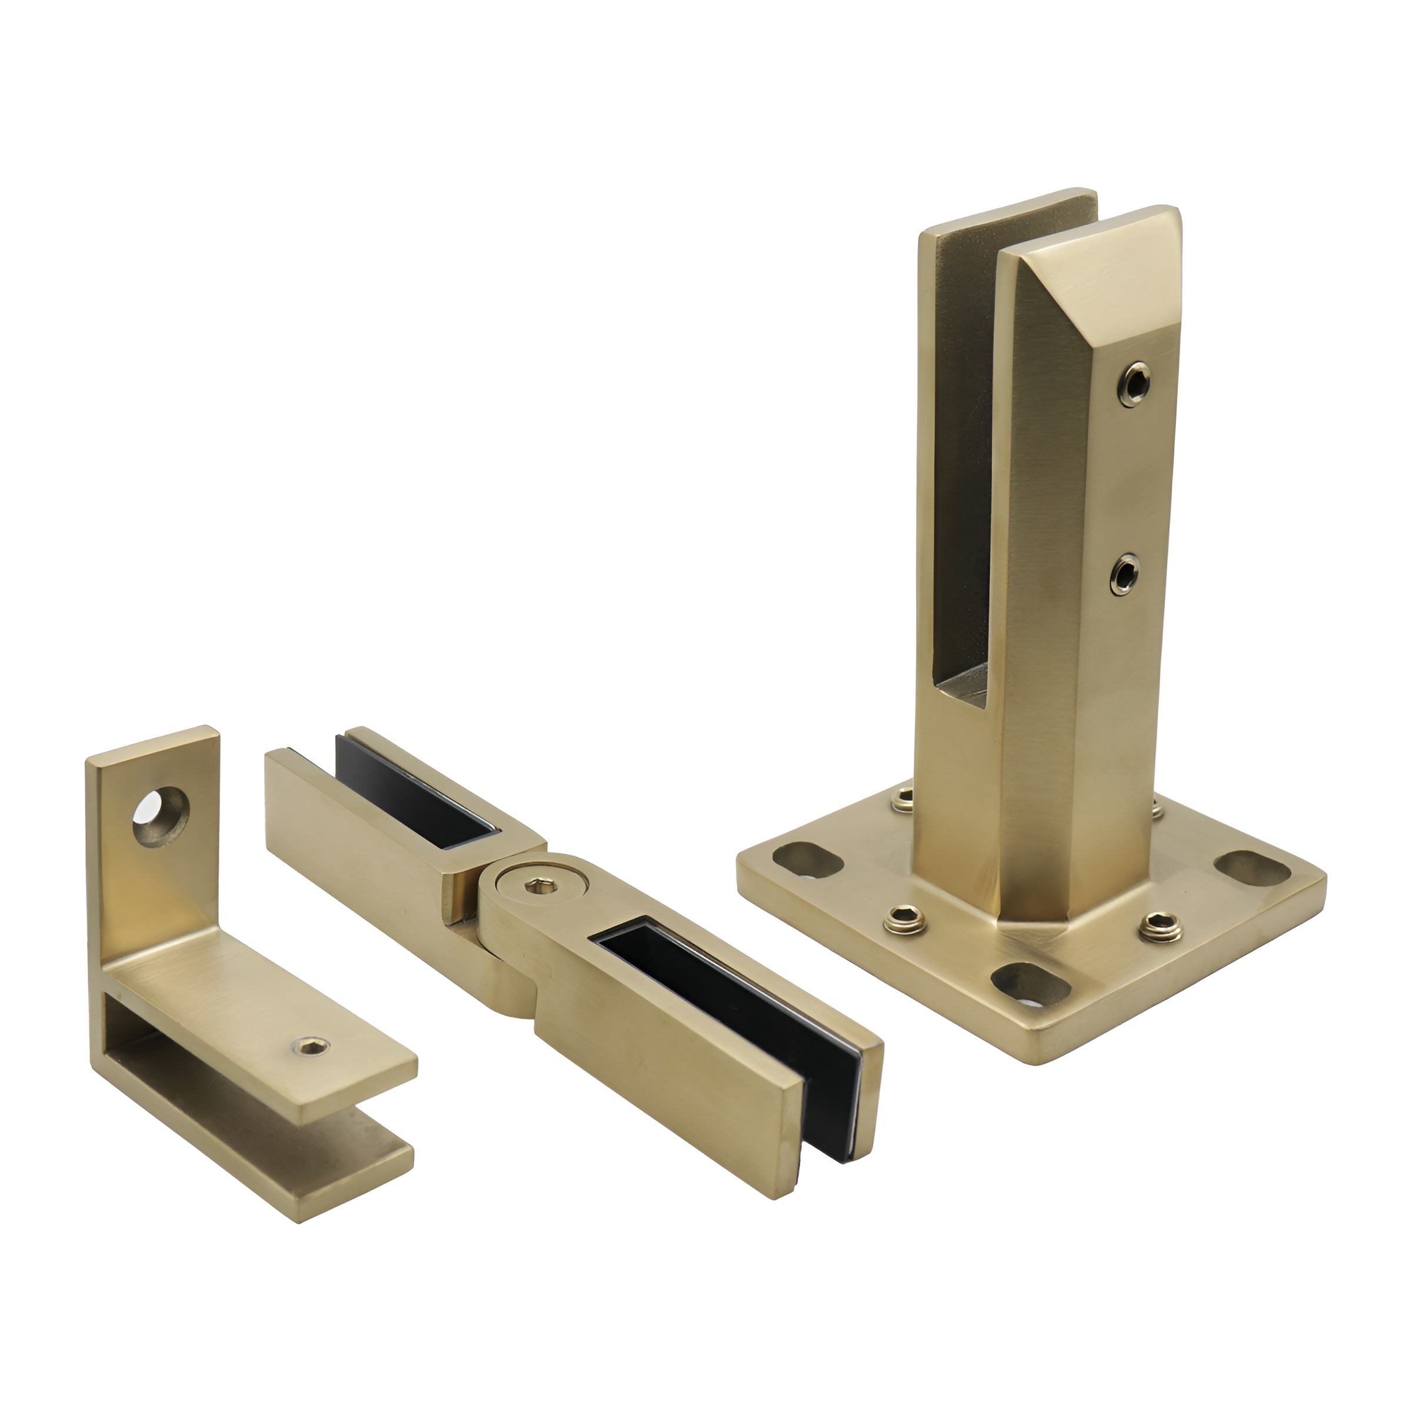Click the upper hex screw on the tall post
pyautogui.click(x=1134, y=384)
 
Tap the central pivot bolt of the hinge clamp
pyautogui.click(x=541, y=887)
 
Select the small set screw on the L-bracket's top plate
pyautogui.click(x=311, y=1047)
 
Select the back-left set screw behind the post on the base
pyautogui.click(x=903, y=799)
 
